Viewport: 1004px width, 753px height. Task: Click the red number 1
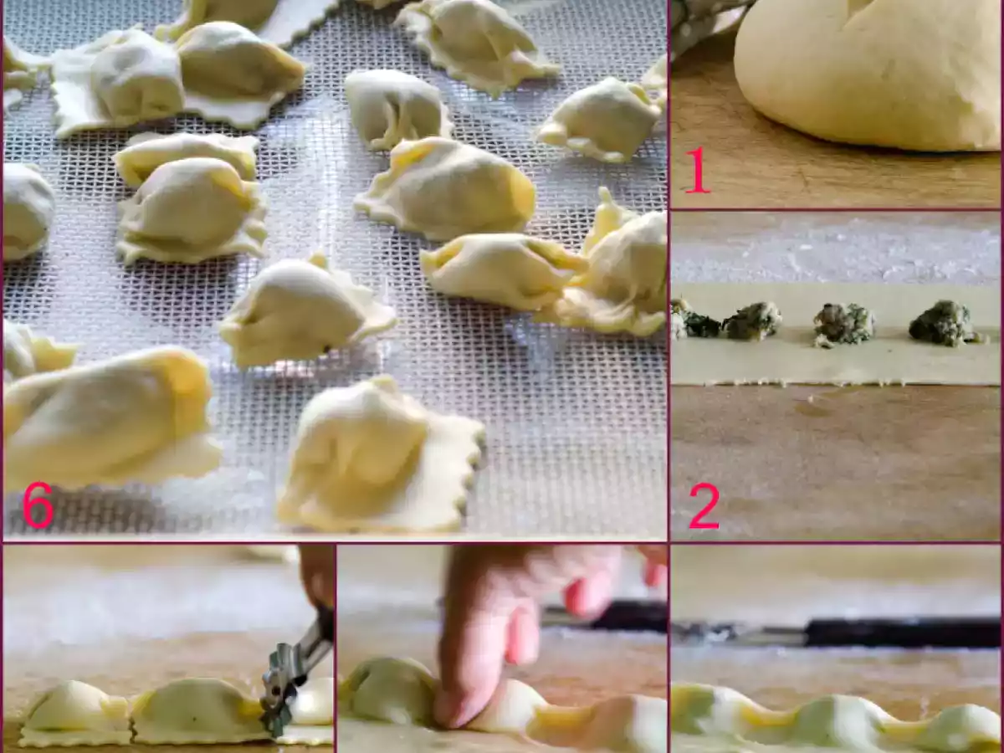(x=696, y=169)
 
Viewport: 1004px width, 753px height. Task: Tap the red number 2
(x=704, y=507)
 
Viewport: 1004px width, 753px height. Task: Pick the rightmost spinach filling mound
(x=944, y=324)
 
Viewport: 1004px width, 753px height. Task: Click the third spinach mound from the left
(x=843, y=324)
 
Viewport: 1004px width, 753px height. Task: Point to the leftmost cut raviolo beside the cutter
(x=75, y=711)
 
